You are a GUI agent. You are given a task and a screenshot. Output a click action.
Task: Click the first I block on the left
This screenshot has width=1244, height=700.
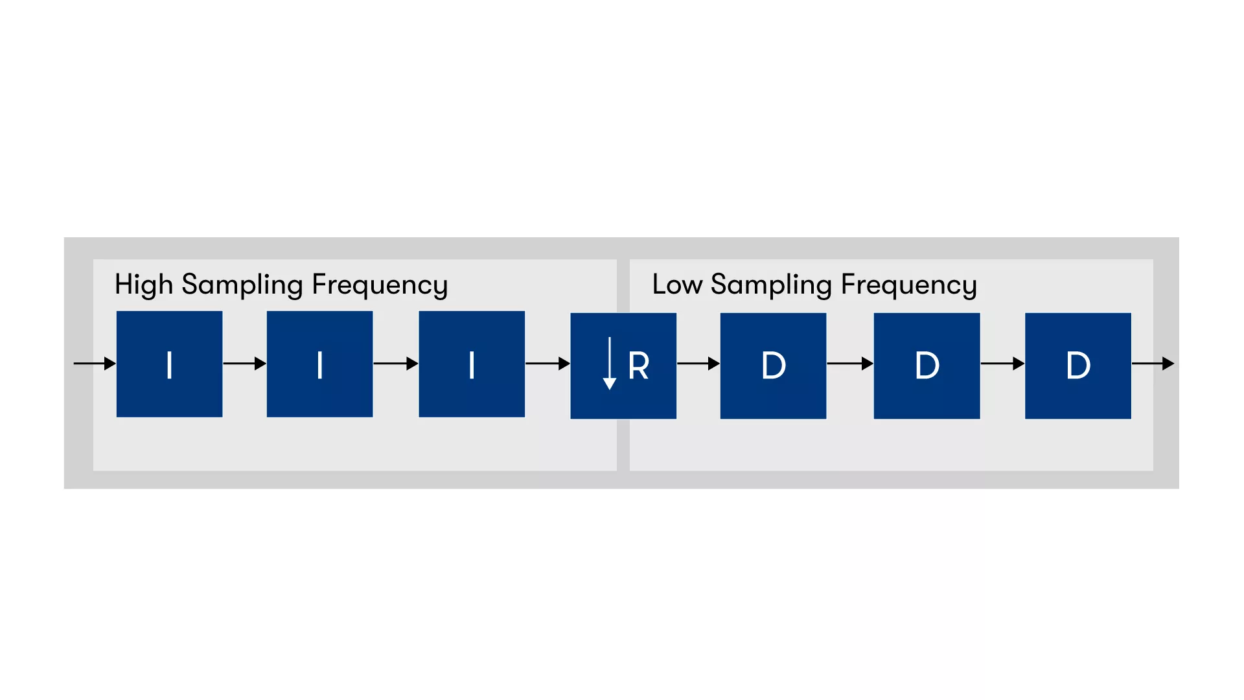point(170,364)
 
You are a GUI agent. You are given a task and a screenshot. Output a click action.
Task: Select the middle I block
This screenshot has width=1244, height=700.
point(320,364)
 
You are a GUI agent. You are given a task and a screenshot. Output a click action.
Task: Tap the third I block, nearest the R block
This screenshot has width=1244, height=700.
point(472,364)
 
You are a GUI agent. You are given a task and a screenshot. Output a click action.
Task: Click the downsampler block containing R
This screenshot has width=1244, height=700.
point(623,366)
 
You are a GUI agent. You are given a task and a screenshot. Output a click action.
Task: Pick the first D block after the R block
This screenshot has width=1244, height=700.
point(774,366)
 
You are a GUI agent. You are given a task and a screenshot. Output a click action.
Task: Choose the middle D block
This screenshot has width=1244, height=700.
point(927,366)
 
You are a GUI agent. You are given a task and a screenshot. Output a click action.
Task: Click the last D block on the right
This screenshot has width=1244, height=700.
point(1078,366)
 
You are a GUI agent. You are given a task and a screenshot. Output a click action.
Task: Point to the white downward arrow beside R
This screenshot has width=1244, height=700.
point(610,364)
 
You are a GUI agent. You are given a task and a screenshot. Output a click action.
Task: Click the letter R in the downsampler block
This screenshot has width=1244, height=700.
point(639,366)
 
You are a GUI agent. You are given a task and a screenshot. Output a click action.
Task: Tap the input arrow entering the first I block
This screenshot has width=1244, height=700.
point(95,364)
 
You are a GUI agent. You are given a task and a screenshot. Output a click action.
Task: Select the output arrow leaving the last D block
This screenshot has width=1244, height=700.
point(1153,364)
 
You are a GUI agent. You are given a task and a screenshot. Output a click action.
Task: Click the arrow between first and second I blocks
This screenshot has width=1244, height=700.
point(245,364)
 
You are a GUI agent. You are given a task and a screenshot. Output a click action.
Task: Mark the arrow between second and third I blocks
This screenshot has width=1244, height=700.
point(396,364)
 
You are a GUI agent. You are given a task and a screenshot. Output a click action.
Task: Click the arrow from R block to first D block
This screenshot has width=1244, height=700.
point(698,364)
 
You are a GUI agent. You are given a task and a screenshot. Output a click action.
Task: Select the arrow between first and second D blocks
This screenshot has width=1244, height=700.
point(850,364)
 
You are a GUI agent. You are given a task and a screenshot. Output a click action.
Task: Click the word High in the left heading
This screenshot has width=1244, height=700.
point(144,285)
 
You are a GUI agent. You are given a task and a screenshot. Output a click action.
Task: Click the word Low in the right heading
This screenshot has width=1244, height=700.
point(677,285)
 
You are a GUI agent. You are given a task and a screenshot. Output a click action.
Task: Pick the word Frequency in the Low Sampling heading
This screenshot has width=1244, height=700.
point(909,285)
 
